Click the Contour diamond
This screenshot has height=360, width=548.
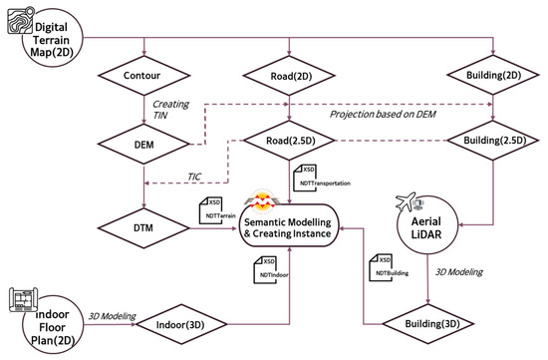coord(143,75)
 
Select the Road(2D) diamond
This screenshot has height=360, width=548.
coord(289,76)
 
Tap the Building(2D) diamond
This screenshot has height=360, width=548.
coord(493,75)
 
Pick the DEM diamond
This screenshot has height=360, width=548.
coord(143,145)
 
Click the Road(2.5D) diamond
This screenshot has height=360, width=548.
coord(289,141)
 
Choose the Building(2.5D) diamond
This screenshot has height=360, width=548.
coord(493,141)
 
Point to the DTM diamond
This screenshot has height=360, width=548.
coord(143,228)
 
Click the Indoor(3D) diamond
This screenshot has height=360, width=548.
coord(181,324)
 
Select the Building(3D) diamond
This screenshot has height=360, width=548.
coord(428,324)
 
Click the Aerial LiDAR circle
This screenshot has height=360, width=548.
coord(427,225)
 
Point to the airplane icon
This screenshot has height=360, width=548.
coord(406,201)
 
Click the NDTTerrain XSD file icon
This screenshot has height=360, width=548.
coord(211,210)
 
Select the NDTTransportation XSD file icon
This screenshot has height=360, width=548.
coord(305,178)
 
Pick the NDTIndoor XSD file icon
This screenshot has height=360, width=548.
coord(265,269)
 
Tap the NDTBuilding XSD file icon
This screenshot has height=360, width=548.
coord(381,267)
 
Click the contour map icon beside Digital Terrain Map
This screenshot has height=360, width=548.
coord(21,20)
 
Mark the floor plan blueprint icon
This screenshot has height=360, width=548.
coord(24,299)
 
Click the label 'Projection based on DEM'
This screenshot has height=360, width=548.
coord(383,114)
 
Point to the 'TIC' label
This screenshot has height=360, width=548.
coord(194,177)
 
